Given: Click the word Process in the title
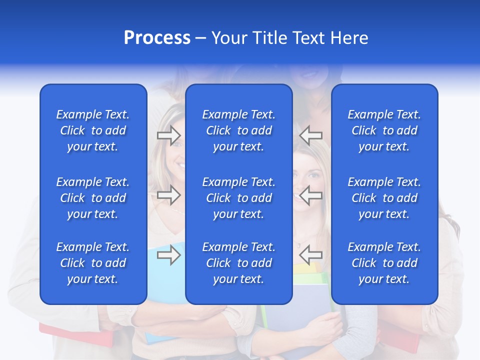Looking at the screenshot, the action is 157,38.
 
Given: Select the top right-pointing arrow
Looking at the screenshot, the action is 168,135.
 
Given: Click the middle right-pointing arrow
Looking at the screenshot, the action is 168,195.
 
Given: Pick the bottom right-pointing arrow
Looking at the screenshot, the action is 168,255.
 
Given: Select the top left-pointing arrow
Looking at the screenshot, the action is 311,135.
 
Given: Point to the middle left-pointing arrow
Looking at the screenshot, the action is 311,195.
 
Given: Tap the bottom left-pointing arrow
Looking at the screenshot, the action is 311,255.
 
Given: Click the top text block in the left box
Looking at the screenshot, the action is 93,130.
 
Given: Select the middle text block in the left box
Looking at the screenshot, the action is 93,198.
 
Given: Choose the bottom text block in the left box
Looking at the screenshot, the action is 93,263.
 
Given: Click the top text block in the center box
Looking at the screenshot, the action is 238,130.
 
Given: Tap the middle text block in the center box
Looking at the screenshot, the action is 238,198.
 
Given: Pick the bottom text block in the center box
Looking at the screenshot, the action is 238,263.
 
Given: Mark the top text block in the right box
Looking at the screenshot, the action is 384,130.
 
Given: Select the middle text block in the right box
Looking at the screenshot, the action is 384,198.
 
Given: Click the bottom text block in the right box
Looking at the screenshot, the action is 384,263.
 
